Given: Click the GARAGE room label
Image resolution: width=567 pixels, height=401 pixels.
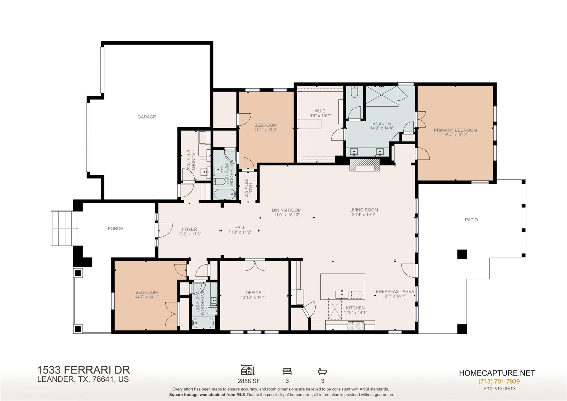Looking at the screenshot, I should [x=146, y=117].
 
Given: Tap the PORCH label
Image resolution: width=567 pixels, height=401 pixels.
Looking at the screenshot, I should [x=115, y=229].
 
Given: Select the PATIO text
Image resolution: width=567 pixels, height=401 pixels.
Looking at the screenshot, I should [x=471, y=220].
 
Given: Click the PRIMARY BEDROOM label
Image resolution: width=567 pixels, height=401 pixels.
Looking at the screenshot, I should [x=455, y=130].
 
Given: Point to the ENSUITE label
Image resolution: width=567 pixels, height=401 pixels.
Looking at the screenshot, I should [x=382, y=124].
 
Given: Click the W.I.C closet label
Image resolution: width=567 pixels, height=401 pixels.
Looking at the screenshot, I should [x=320, y=111].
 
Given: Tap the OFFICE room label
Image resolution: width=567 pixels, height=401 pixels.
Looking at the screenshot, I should [x=253, y=293].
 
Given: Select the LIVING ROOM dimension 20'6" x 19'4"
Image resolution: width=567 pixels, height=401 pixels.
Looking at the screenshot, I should [x=364, y=214].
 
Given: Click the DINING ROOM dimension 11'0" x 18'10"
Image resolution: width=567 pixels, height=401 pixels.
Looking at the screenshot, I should [x=287, y=215].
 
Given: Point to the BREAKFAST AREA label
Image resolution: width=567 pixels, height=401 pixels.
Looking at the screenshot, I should [x=395, y=292].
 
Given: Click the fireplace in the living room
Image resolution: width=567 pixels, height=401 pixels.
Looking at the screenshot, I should [x=364, y=166].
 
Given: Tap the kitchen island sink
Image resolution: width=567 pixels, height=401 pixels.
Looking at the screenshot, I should [x=342, y=294].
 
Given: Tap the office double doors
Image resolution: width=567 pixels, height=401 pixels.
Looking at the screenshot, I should [x=255, y=265].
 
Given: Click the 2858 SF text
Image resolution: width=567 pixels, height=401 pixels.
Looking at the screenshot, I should [x=249, y=381].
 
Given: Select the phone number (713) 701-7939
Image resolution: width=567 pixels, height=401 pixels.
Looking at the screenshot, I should [x=499, y=382].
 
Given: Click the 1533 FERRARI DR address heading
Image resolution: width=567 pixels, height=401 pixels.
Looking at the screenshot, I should [x=83, y=370].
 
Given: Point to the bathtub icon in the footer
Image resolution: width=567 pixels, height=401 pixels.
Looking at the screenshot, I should [x=322, y=371].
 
